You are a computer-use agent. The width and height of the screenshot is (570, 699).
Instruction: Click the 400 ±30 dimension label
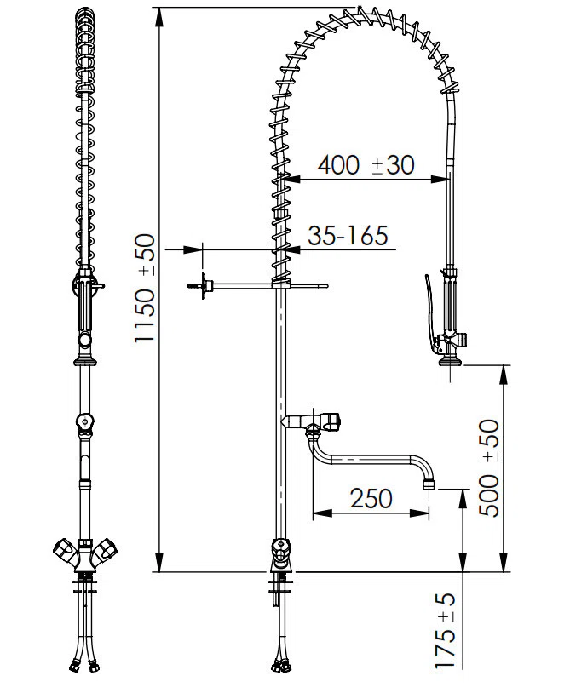point(366,165)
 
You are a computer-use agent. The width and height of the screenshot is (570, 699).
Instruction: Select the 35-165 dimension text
point(348,235)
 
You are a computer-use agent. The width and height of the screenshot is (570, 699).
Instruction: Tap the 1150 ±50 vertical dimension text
point(145,289)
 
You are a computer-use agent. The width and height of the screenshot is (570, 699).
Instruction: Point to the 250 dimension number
point(371,498)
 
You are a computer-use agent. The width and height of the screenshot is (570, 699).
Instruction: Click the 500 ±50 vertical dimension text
point(489,467)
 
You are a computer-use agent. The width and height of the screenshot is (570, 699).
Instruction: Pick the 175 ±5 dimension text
point(446,631)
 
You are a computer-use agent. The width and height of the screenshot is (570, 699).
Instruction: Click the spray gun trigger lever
point(430,312)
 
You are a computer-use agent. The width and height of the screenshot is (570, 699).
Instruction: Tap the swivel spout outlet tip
point(429,484)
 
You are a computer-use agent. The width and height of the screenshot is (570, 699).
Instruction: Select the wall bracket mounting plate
point(204,286)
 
